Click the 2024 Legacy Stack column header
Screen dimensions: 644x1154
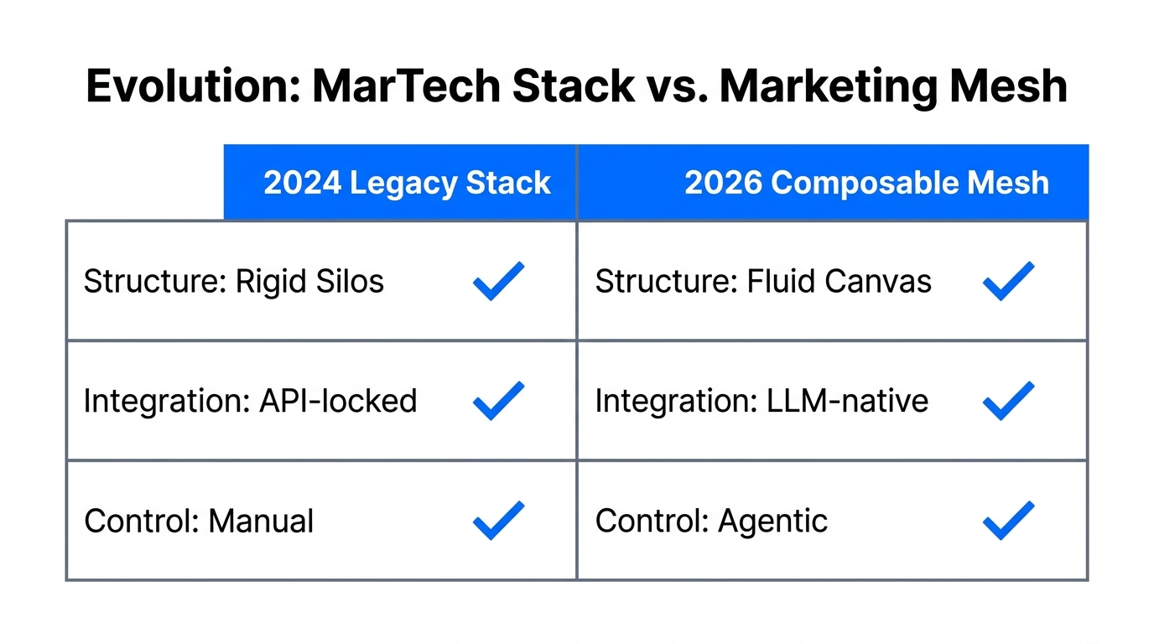click(407, 183)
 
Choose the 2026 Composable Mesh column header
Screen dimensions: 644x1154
click(866, 183)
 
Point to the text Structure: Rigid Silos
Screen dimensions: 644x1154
click(234, 282)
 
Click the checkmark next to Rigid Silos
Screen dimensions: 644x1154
click(499, 281)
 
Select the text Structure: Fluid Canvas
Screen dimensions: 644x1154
click(763, 282)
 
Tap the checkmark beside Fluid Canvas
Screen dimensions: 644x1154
click(1008, 281)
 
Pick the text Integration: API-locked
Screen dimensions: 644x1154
click(250, 401)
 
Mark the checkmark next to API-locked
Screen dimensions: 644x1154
click(499, 401)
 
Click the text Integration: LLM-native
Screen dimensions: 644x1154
click(762, 401)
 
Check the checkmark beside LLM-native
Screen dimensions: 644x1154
click(1008, 401)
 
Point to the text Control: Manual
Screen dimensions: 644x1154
click(199, 522)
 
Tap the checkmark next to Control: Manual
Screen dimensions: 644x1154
click(499, 521)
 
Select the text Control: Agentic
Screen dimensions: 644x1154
click(711, 522)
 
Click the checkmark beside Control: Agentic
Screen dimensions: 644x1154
click(1008, 521)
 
